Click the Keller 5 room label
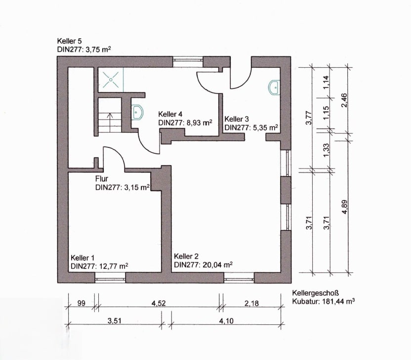tap(69, 41)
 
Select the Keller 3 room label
tap(237, 119)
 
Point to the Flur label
tap(102, 179)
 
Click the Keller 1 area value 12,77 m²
tap(113, 267)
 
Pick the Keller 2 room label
tap(186, 256)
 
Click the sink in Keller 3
tap(274, 87)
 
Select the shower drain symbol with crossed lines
tap(111, 80)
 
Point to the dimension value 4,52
tap(159, 303)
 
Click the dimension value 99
tap(82, 303)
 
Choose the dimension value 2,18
tap(251, 303)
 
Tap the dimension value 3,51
tap(114, 321)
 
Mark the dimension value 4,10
tap(226, 321)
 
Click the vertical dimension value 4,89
tap(345, 207)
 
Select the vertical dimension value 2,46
tap(344, 100)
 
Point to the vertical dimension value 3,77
tap(309, 118)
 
